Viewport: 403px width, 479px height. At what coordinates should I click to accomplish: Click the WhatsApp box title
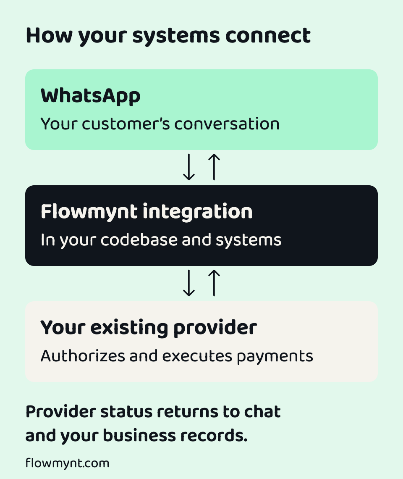pyautogui.click(x=90, y=96)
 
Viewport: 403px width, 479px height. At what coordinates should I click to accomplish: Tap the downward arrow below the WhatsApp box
pyautogui.click(x=188, y=167)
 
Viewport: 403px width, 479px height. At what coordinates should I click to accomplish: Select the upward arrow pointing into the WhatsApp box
pyautogui.click(x=214, y=167)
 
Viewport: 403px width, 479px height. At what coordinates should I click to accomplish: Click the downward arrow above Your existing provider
pyautogui.click(x=188, y=283)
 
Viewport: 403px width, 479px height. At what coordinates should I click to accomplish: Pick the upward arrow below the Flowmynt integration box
pyautogui.click(x=214, y=283)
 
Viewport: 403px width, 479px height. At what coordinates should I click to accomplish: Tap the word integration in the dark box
pyautogui.click(x=198, y=212)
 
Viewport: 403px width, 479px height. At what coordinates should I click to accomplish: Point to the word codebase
pyautogui.click(x=139, y=239)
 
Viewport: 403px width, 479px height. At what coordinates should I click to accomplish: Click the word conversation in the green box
pyautogui.click(x=227, y=124)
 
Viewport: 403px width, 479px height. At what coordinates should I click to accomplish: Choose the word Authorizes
pyautogui.click(x=83, y=356)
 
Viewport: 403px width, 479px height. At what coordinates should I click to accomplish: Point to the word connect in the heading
pyautogui.click(x=268, y=36)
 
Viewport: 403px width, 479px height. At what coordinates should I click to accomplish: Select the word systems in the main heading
pyautogui.click(x=176, y=37)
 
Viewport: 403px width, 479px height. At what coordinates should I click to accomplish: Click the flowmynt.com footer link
pyautogui.click(x=67, y=463)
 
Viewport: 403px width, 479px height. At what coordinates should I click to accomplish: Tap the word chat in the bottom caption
pyautogui.click(x=262, y=411)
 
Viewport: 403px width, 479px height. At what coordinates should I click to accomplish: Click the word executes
pyautogui.click(x=197, y=356)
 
